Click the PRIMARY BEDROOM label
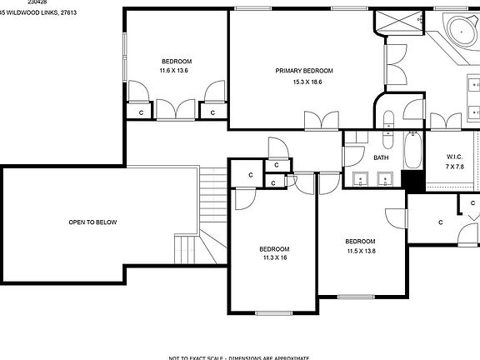304,71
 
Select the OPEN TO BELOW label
92,222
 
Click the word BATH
381,157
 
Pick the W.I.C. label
454,157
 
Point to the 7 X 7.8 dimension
455,167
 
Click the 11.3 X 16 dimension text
273,258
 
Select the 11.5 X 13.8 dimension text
361,251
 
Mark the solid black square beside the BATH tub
412,179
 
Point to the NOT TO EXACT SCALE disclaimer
239,357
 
